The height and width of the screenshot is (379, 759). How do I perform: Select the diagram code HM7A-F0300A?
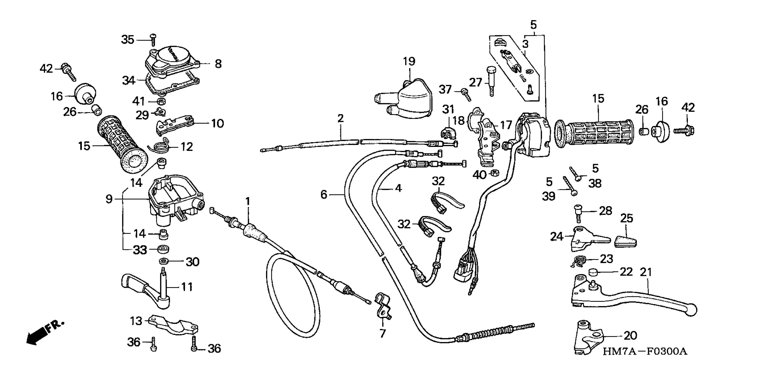(x=645, y=351)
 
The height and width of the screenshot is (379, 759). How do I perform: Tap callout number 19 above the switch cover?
(x=409, y=61)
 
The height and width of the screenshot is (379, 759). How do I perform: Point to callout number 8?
(x=218, y=64)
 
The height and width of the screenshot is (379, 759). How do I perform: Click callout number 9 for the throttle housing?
(x=109, y=199)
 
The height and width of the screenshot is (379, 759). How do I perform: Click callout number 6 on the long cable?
(x=324, y=194)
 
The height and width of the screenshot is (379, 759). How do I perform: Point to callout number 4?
(x=398, y=188)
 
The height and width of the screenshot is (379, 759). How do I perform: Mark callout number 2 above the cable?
(x=341, y=118)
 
